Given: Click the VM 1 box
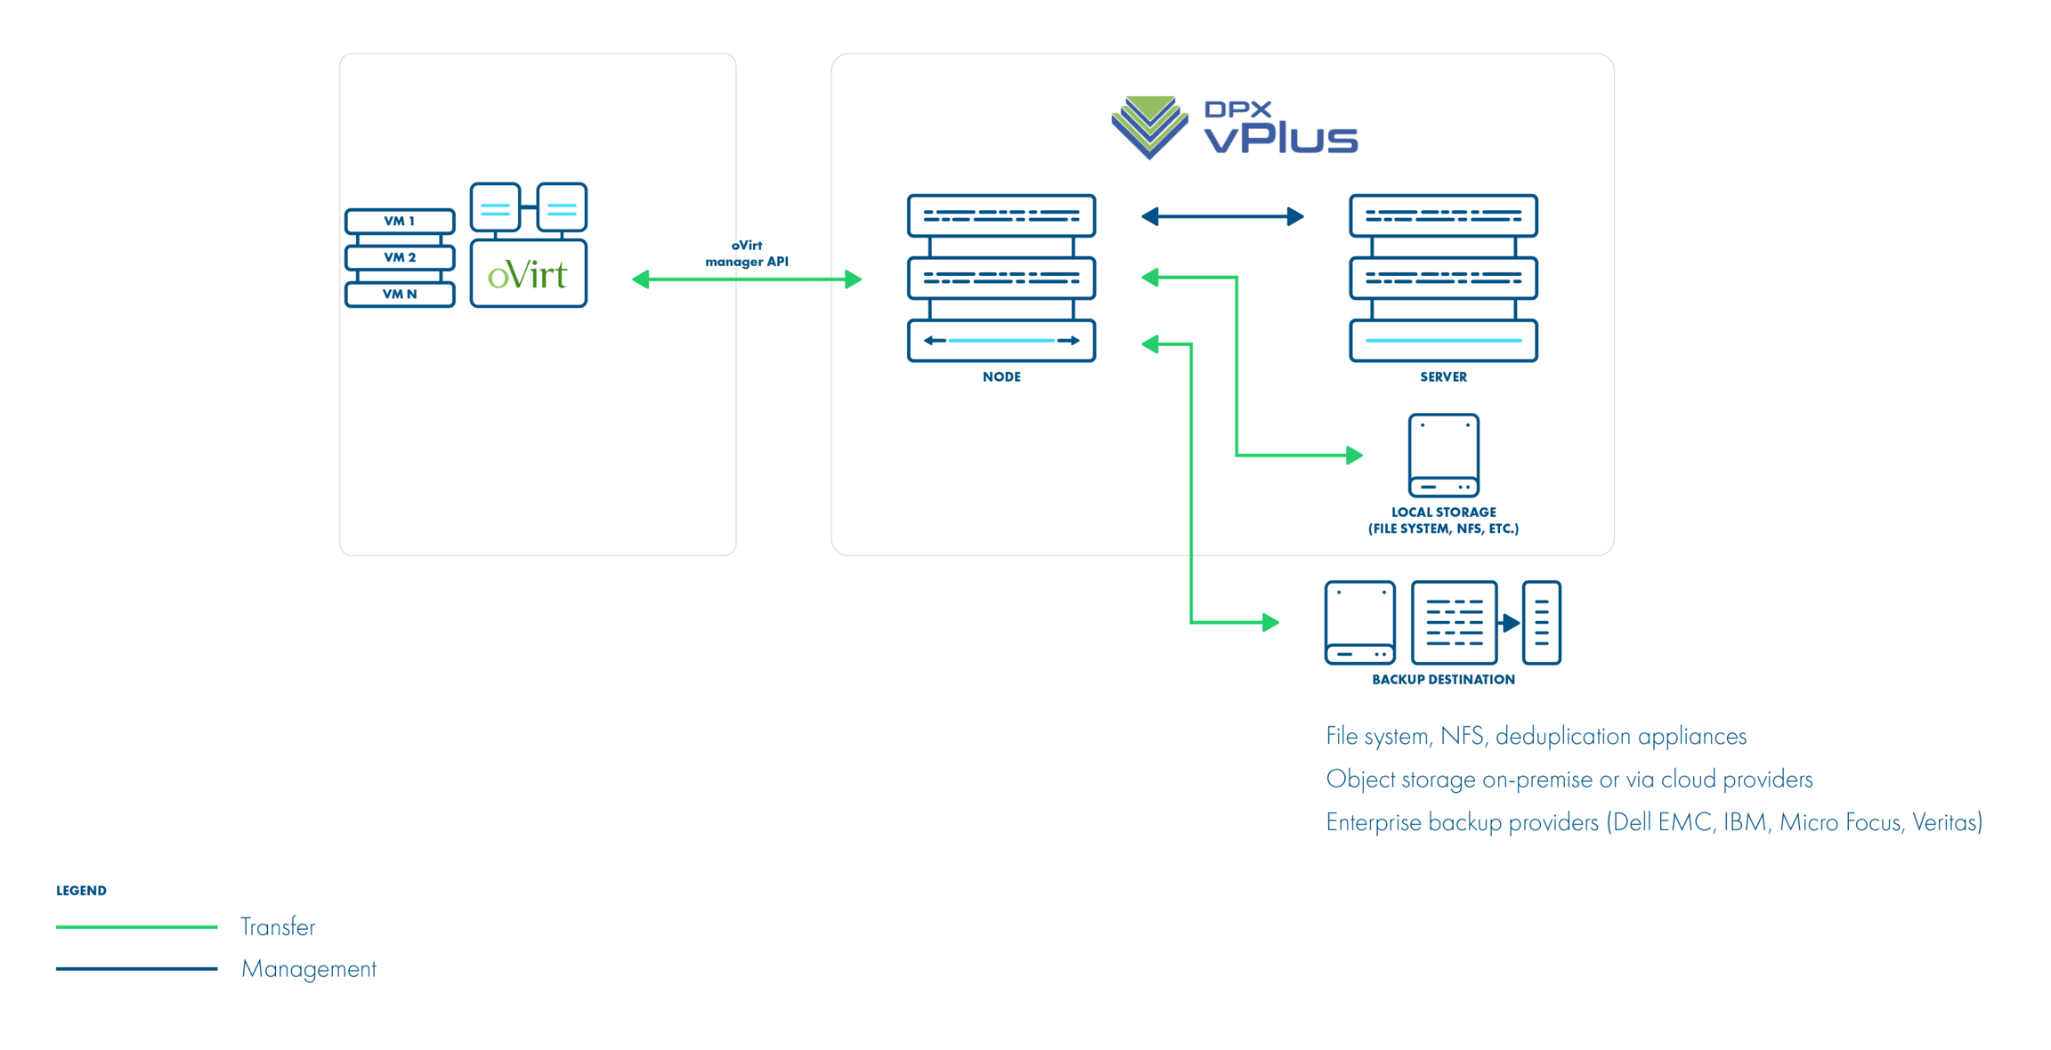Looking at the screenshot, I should click(400, 221).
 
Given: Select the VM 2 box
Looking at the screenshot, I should click(400, 257).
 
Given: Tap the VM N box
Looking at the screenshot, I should click(400, 294).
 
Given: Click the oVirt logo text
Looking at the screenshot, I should click(528, 275).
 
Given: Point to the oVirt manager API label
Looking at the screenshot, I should click(747, 254).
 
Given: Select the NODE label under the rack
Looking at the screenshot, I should click(1001, 377).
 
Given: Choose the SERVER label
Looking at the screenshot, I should click(1443, 377).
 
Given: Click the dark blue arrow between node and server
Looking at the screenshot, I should click(1222, 216).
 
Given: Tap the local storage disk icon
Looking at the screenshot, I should click(1443, 455).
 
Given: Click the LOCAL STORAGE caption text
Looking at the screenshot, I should click(1443, 521).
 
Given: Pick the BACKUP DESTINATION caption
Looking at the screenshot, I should click(1443, 680).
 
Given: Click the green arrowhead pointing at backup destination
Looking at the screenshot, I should click(1270, 622).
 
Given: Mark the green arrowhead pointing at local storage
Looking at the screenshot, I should click(1354, 456).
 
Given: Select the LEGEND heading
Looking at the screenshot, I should click(81, 891).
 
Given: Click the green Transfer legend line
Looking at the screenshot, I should click(136, 927).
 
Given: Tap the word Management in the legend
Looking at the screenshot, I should click(309, 969).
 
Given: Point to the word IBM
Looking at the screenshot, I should click(1744, 822).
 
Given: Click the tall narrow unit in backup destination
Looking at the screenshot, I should click(1541, 623).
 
